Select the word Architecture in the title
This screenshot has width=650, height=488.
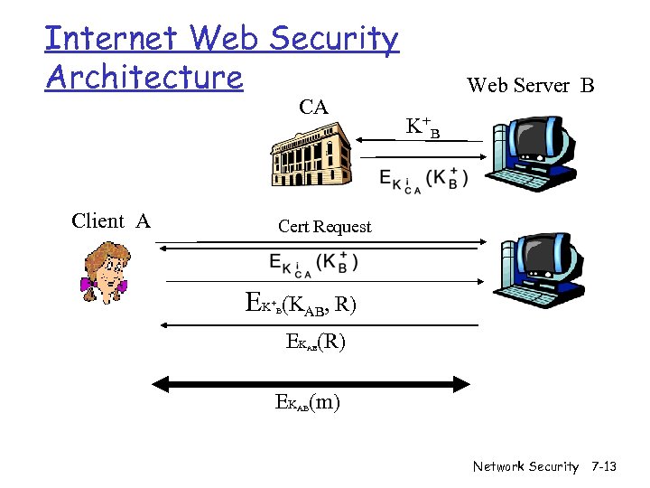coord(144,77)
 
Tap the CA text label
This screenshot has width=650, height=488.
coord(313,108)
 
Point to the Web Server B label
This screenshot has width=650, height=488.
coord(530,86)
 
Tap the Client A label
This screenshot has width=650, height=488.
coord(110,221)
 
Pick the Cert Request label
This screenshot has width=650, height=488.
coord(324,227)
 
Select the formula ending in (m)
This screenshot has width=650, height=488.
coord(308,403)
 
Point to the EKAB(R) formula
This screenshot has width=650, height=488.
coord(315,343)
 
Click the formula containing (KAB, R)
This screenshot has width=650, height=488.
coord(301,305)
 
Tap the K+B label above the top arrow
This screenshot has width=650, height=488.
coord(422,127)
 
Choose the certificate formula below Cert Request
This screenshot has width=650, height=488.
coord(313,263)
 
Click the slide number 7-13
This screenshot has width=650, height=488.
coord(603,466)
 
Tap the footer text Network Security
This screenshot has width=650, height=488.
coord(525,466)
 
